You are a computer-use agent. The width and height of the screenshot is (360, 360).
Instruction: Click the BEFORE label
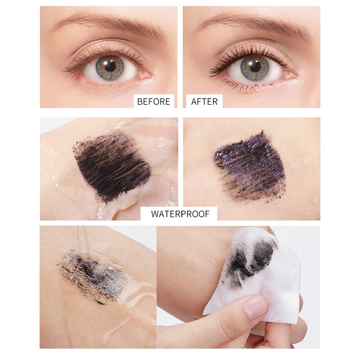click(153, 102)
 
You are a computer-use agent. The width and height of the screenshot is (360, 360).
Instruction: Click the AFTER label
click(204, 102)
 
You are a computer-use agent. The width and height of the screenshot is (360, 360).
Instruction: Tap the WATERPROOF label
click(180, 214)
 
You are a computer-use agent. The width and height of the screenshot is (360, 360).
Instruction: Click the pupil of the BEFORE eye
click(110, 66)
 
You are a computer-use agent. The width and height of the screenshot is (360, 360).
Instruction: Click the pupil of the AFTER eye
click(255, 66)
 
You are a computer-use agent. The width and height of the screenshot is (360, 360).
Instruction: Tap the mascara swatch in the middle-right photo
click(250, 166)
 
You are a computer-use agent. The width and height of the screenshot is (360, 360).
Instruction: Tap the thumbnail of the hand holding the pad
click(255, 308)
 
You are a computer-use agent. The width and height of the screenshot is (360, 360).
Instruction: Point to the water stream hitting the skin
click(83, 241)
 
